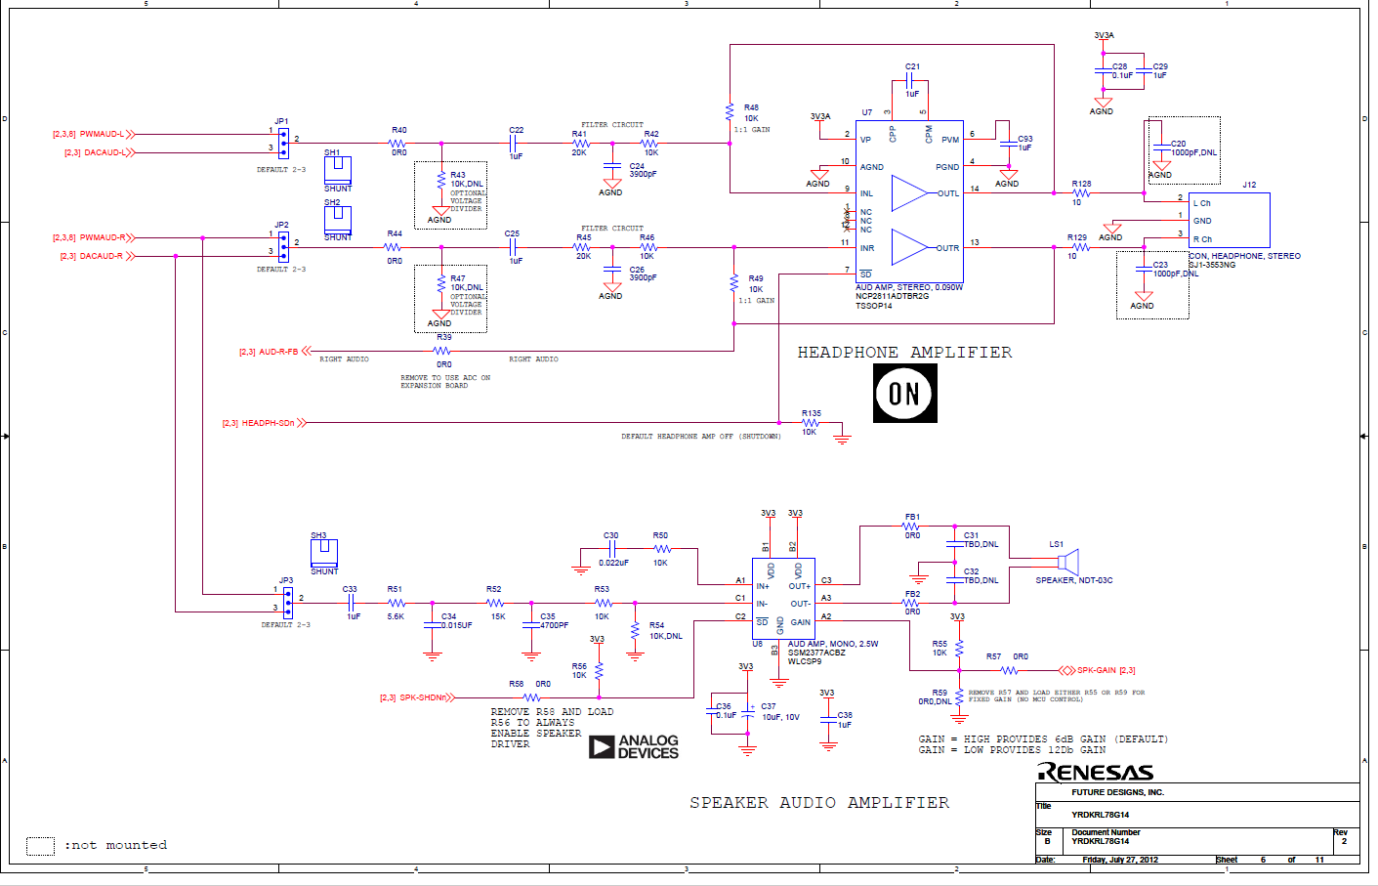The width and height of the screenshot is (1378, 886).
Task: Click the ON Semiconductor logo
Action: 904,393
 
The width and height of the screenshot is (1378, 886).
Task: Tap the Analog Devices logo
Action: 634,747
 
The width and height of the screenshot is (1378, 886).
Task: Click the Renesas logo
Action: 1095,773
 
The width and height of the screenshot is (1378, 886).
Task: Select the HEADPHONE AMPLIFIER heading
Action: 904,353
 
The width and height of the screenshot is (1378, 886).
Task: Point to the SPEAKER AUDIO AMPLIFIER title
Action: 818,803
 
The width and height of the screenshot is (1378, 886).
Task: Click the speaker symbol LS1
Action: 1068,562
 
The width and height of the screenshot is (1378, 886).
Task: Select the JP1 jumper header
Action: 283,143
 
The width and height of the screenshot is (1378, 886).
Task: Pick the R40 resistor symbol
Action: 397,144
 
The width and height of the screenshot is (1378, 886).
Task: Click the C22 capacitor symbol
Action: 514,144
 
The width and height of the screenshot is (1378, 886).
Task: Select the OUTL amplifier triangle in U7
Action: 909,193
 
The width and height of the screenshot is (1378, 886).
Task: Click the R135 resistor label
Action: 811,413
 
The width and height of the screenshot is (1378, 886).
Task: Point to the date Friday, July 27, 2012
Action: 1119,860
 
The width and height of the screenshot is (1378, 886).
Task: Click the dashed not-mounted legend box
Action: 40,846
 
